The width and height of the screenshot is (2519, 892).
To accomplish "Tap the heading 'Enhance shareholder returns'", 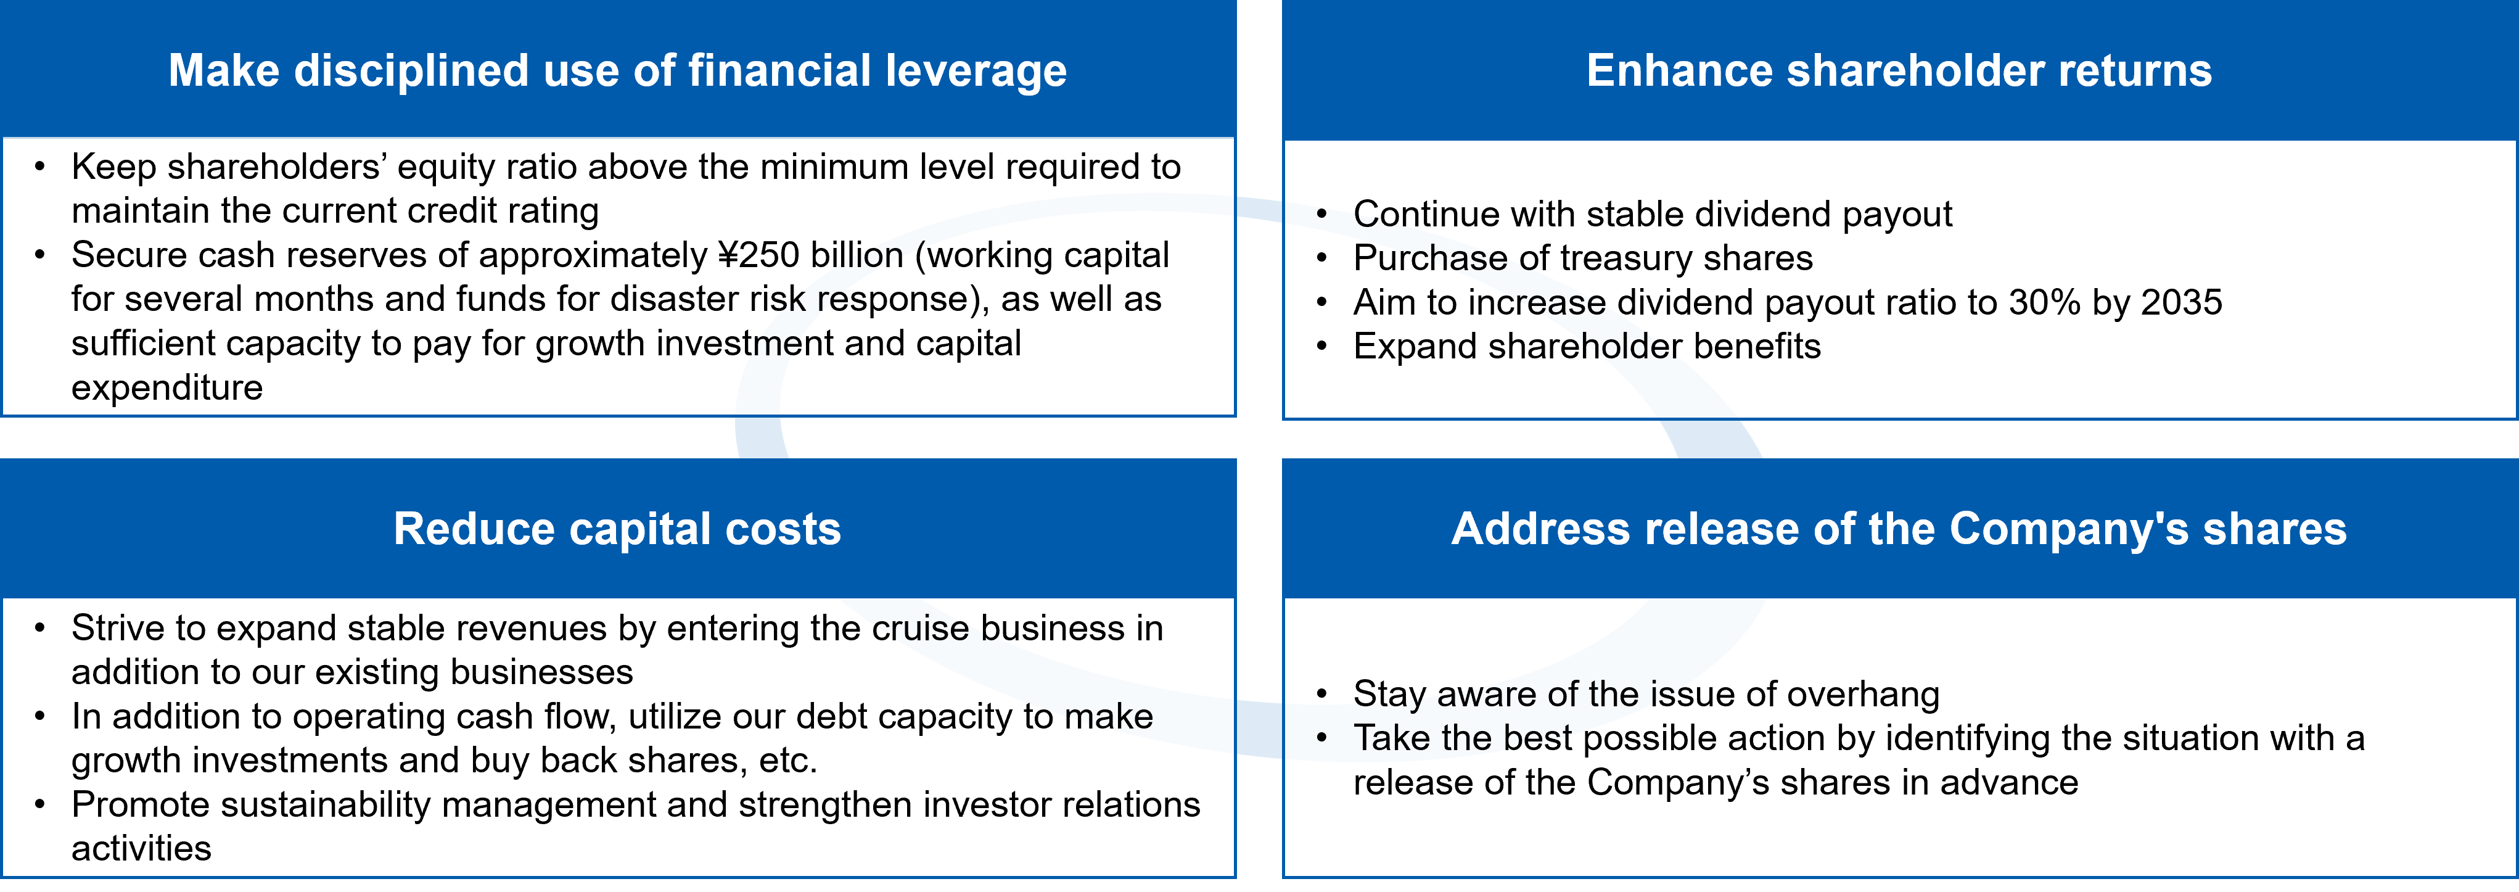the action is click(x=1899, y=70).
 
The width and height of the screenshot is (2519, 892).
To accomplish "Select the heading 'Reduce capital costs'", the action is click(x=617, y=529).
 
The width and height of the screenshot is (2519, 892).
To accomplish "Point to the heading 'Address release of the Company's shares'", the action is click(x=1899, y=529).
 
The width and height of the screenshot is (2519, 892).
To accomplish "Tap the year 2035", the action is click(x=2182, y=302).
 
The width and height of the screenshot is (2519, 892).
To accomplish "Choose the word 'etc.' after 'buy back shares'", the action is click(x=788, y=761).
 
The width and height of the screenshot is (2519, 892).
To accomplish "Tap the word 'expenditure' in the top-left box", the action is click(x=167, y=388).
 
